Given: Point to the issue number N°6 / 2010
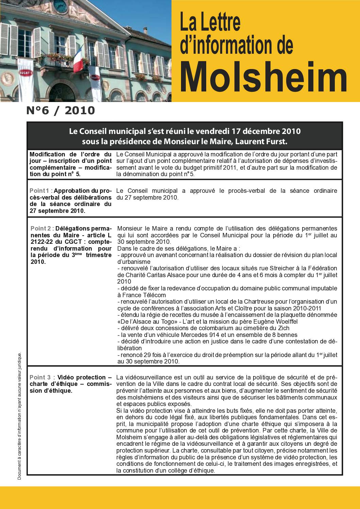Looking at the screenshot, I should pyautogui.click(x=61, y=111).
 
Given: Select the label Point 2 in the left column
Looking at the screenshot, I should pyautogui.click(x=41, y=228).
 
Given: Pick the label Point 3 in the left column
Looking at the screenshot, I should pyautogui.click(x=40, y=377).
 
